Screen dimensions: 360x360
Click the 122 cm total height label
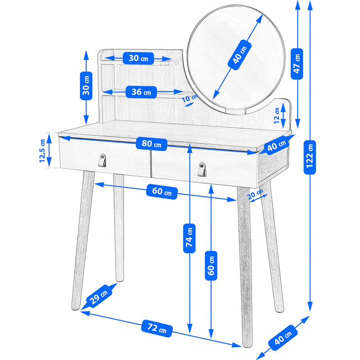coord(310,157)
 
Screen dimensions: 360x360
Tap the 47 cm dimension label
coord(297,64)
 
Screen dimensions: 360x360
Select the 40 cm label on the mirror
coord(240,55)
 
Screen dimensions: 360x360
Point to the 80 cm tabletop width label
coord(152,143)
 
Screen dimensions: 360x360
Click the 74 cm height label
coord(189,238)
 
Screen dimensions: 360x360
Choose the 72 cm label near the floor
coord(157,328)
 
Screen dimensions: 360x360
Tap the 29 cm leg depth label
coord(99,296)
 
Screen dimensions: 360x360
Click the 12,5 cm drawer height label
coord(43,151)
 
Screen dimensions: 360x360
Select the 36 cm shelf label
coord(141,92)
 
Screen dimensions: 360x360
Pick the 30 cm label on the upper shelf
coord(138,58)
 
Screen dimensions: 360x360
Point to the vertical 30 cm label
coord(86,86)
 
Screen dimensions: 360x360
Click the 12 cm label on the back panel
coord(277,116)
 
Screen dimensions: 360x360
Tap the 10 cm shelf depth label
coord(190,98)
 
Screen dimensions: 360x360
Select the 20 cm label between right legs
coord(255,194)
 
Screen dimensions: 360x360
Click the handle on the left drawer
coord(102,160)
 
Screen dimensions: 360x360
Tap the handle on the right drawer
coord(202,169)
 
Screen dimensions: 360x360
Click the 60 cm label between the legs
coord(162,191)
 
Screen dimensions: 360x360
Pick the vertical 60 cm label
coord(211,266)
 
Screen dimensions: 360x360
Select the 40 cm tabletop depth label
coord(277,145)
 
